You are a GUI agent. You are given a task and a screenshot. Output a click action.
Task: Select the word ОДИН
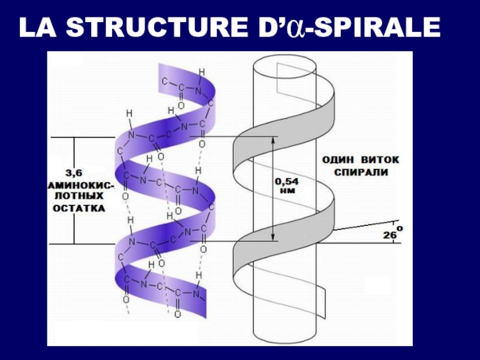[339, 160]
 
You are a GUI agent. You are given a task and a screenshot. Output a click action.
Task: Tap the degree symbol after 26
[400, 229]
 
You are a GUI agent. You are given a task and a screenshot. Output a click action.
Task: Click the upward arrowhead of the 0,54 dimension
[272, 140]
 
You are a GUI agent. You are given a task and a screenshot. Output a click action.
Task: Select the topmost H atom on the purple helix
[201, 73]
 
